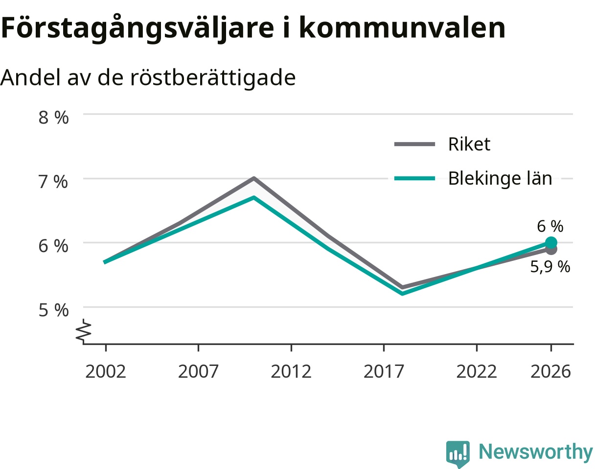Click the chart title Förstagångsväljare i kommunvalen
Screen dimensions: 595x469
253,28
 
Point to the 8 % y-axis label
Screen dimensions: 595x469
53,118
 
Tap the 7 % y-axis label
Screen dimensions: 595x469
53,182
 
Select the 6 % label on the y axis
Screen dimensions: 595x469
53,246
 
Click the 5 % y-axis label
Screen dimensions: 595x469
53,310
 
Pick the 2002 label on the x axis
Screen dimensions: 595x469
106,372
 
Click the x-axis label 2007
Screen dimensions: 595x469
198,372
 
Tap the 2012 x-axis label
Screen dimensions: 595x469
291,372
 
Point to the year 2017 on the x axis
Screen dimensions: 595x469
384,372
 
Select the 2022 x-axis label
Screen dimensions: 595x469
477,372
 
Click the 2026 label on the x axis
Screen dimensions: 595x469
551,372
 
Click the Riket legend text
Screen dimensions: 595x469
469,144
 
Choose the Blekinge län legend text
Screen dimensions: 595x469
500,178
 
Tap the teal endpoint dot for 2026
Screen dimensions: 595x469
551,243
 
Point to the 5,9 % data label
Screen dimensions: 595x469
550,267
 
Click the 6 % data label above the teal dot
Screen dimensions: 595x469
550,226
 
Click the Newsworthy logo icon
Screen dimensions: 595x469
458,453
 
